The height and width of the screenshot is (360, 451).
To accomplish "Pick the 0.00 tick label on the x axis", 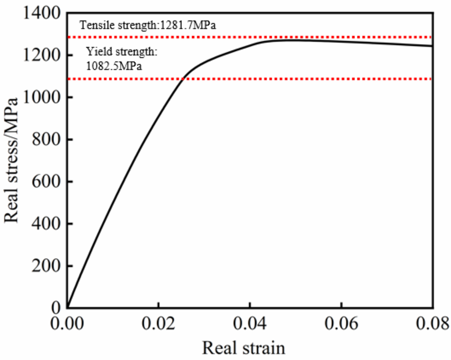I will coord(67,324).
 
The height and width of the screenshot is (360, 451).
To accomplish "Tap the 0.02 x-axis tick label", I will coord(158,324).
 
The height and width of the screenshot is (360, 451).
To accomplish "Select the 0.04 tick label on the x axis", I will coord(249,324).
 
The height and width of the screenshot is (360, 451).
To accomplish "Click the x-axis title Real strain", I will coord(244,348).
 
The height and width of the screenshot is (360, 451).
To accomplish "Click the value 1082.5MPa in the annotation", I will coord(115,66).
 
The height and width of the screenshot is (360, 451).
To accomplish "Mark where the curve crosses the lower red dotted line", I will coord(183,78).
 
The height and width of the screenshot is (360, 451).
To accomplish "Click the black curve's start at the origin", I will coord(67,307).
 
